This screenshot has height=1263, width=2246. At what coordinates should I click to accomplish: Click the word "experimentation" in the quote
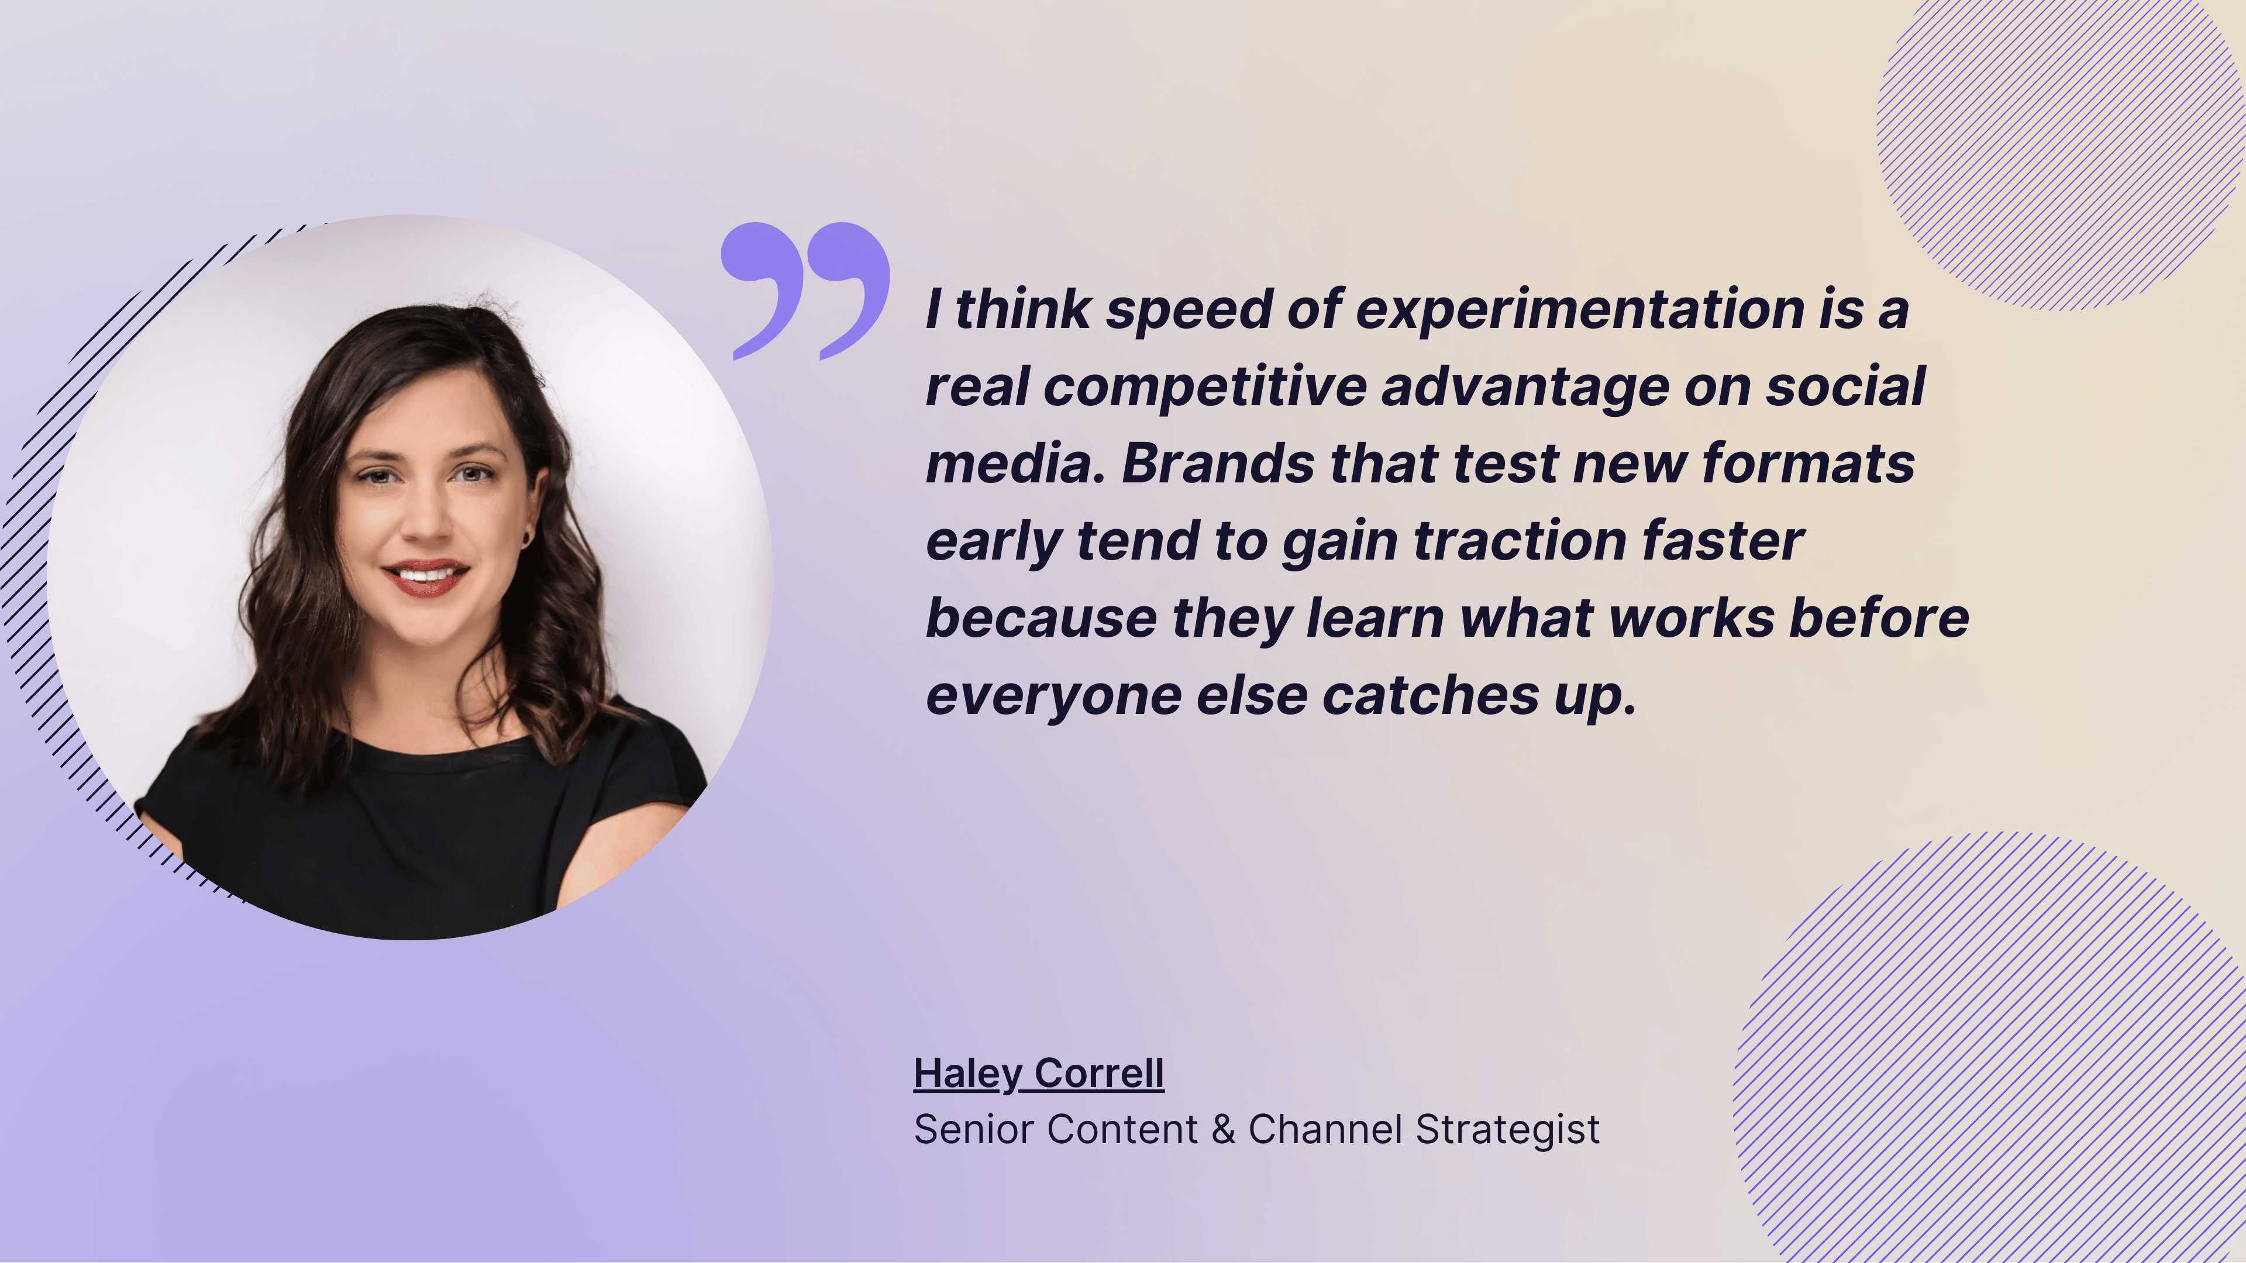1580,310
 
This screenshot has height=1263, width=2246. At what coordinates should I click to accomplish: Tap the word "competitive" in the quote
1205,387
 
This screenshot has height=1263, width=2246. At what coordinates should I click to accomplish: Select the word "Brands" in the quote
1218,464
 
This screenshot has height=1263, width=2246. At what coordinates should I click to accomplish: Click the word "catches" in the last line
1430,696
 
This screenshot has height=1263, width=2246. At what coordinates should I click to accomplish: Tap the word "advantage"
1525,387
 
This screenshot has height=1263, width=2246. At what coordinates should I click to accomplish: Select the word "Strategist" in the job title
1507,1130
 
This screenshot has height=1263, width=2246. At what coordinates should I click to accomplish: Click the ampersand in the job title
1223,1130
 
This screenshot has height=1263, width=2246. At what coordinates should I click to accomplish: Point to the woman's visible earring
526,538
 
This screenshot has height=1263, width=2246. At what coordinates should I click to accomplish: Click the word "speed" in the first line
1189,310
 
